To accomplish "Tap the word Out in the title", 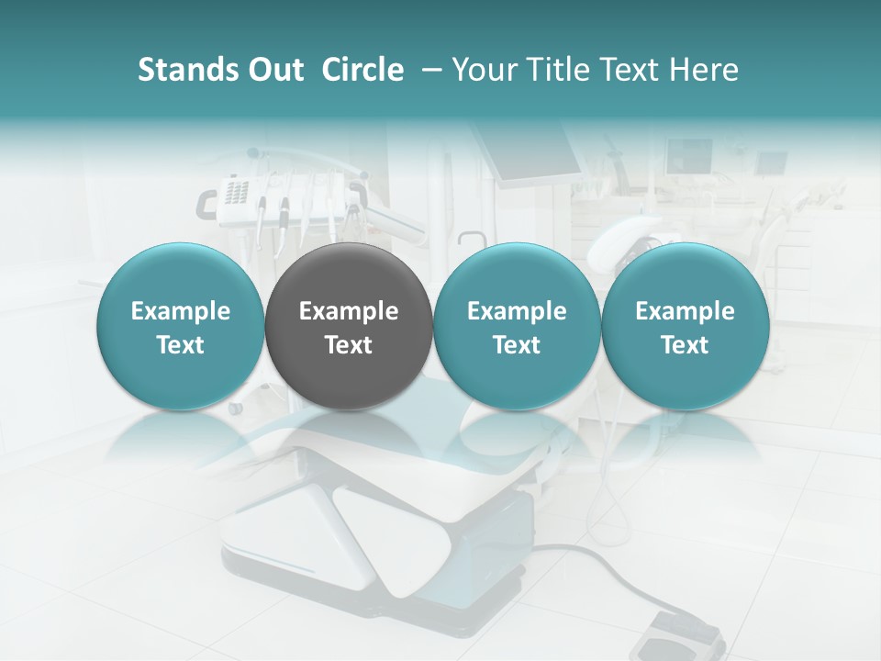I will point(273,70).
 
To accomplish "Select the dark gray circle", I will point(349,327).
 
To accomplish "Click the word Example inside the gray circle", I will point(349,311).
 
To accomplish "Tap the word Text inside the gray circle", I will point(349,345).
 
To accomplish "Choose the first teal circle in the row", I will point(181,327).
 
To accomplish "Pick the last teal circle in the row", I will point(686,327).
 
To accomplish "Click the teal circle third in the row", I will point(517,327).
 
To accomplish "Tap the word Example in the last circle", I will point(686,311).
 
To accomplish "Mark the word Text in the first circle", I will point(181,345).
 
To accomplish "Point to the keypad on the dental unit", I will point(236,193).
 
